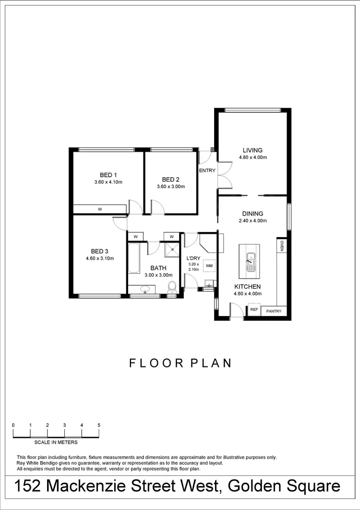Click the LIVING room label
pos(252,150)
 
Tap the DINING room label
pos(252,214)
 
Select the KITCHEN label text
pos(247,287)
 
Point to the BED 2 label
pos(170,180)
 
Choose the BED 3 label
pos(100,251)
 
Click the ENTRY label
pos(207,170)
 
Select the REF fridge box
pos(254,310)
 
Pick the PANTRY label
pos(274,311)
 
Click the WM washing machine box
pos(209,266)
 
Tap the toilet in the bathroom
pos(172,287)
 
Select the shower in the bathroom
pos(171,249)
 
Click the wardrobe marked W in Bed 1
pos(100,209)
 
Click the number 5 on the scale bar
pos(99,425)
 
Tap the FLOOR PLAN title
pos(180,363)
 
